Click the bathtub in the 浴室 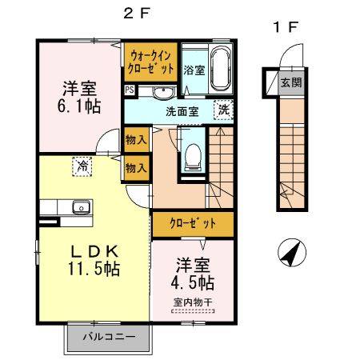point(220,69)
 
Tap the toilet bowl point(193,157)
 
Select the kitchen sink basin point(82,207)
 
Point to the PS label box point(130,90)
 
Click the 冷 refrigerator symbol point(82,166)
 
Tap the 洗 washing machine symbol point(223,110)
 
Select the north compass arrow point(292,252)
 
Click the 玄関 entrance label point(291,82)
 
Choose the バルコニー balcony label point(110,337)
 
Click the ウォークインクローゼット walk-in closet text point(150,63)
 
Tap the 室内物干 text point(193,302)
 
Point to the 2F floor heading point(137,13)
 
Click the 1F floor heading point(285,27)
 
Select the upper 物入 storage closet point(136,139)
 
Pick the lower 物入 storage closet point(136,168)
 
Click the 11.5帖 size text point(94,269)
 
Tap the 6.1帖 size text point(79,106)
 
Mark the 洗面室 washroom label point(182,112)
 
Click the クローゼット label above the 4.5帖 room point(193,223)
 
